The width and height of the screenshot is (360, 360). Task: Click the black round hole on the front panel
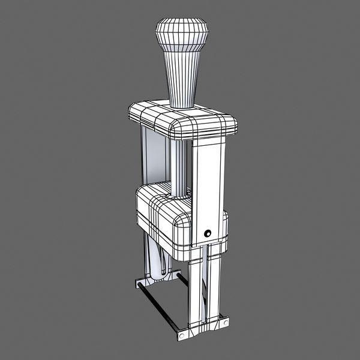(x=208, y=233)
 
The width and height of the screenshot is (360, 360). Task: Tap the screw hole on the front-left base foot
(x=181, y=334)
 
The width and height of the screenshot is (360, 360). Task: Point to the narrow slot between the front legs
(x=205, y=288)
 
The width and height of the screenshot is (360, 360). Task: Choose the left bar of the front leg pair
(x=197, y=291)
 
